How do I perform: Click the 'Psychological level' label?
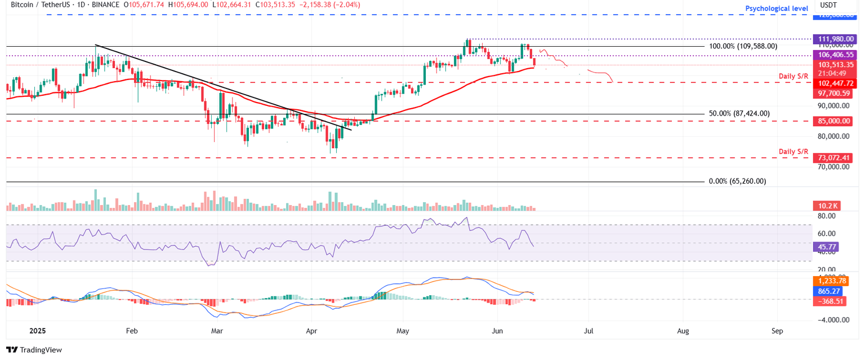click(777, 8)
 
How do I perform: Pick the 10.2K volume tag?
click(826, 206)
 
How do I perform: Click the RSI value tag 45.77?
click(826, 247)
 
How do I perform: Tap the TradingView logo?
click(34, 349)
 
